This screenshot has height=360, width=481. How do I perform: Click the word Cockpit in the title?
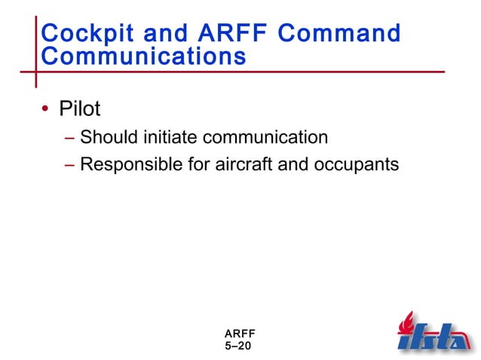pos(83,33)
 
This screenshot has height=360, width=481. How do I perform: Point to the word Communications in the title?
pos(142,56)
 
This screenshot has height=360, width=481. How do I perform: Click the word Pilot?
pos(75,109)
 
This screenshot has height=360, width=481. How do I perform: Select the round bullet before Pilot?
pos(45,110)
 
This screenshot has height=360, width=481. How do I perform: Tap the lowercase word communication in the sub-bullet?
pos(266,137)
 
